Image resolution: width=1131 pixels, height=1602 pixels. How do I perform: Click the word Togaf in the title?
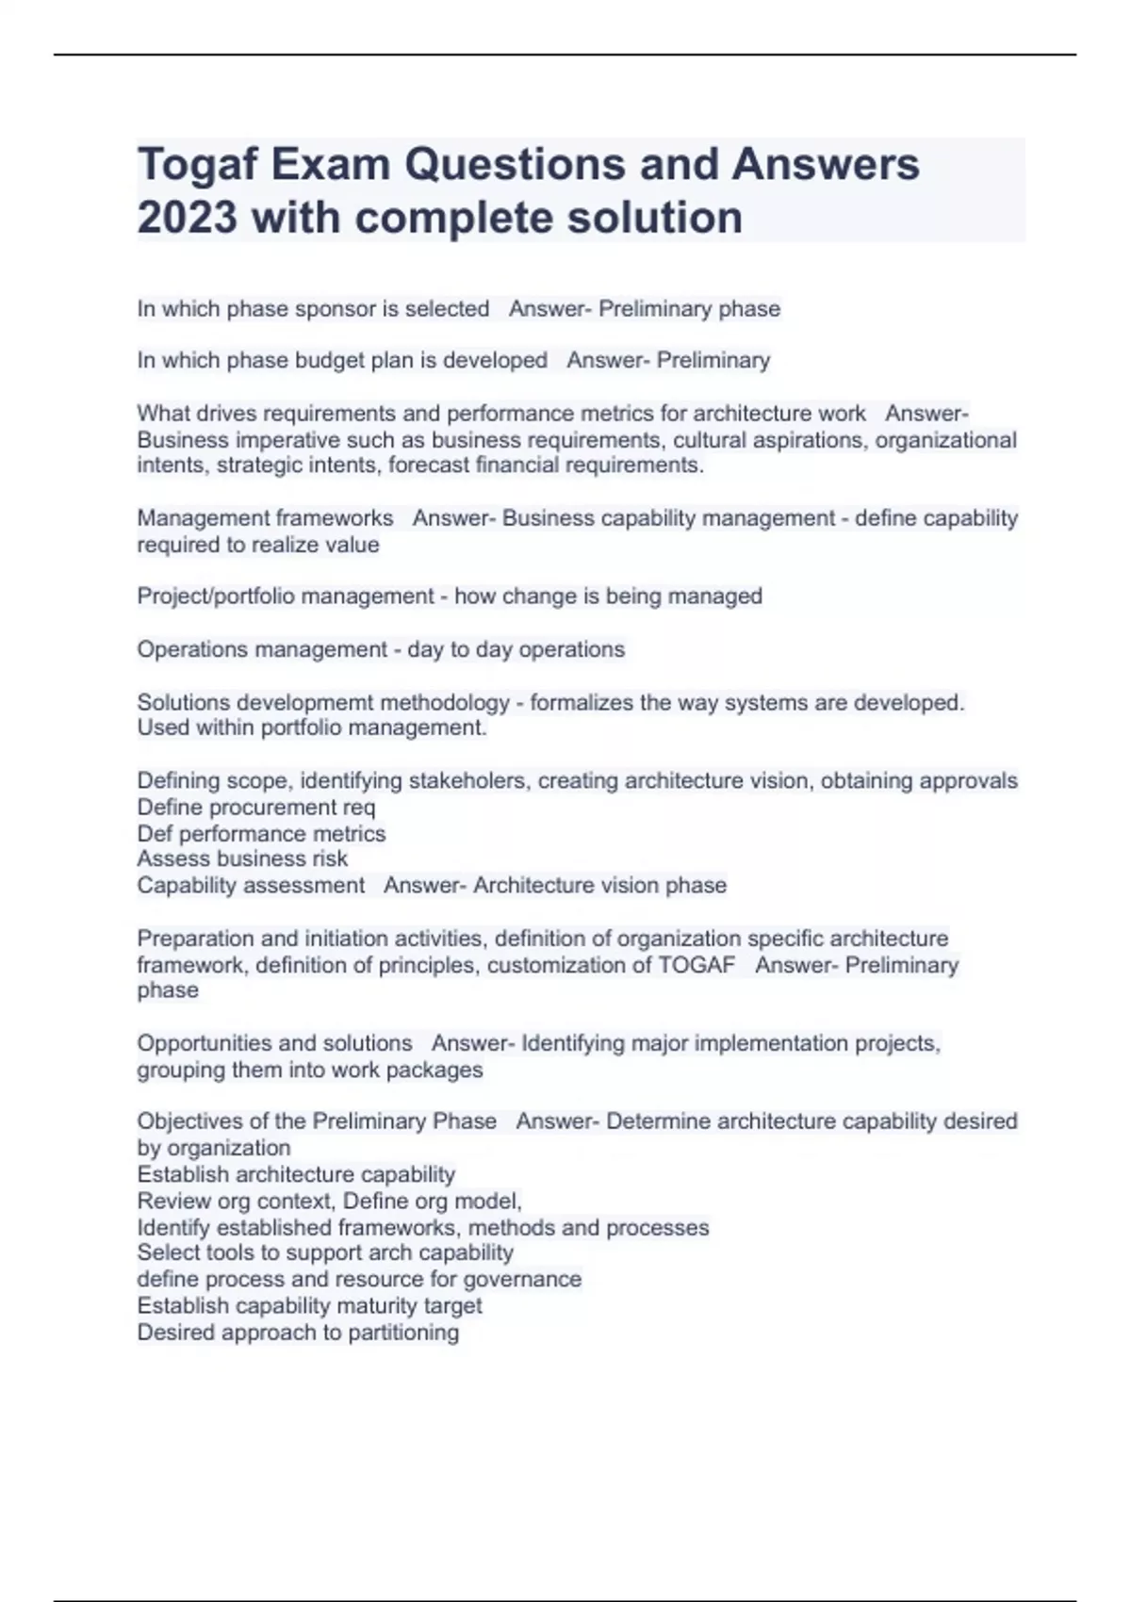[x=197, y=165]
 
